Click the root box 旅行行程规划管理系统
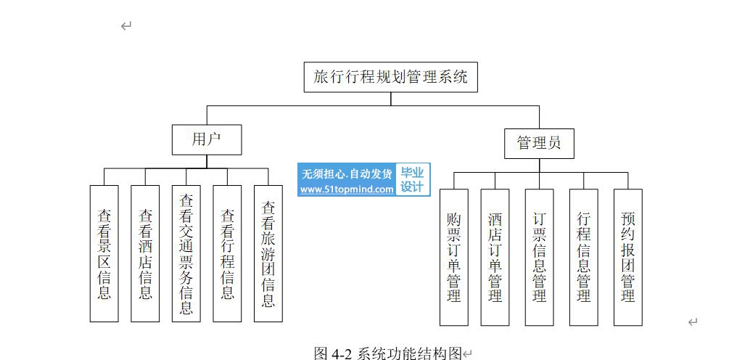(390, 77)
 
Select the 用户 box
(206, 139)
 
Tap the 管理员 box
(539, 143)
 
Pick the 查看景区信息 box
(104, 253)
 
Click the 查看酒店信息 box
(145, 253)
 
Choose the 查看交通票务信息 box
(186, 253)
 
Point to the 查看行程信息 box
(227, 253)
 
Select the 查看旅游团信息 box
(268, 253)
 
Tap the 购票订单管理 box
(454, 257)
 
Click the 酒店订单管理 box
(495, 257)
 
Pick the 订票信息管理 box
(539, 257)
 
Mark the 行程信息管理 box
(583, 257)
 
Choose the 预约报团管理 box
(627, 257)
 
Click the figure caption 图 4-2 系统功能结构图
(388, 353)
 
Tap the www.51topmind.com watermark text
(347, 189)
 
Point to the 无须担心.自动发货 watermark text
(347, 173)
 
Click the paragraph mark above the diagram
(126, 26)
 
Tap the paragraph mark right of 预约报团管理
(693, 322)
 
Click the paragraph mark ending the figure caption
(468, 354)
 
